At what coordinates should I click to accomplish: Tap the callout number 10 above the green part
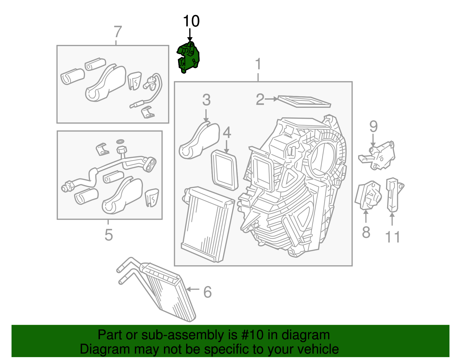[191, 21]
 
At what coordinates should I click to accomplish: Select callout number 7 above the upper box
[118, 32]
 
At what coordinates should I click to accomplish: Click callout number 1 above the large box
[258, 64]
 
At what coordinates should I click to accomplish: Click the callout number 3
[206, 100]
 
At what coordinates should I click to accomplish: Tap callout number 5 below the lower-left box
[108, 235]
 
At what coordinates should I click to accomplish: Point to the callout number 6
[207, 292]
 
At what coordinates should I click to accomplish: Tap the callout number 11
[392, 237]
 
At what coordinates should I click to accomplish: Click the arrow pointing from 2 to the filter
[271, 99]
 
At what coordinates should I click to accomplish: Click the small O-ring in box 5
[120, 141]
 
